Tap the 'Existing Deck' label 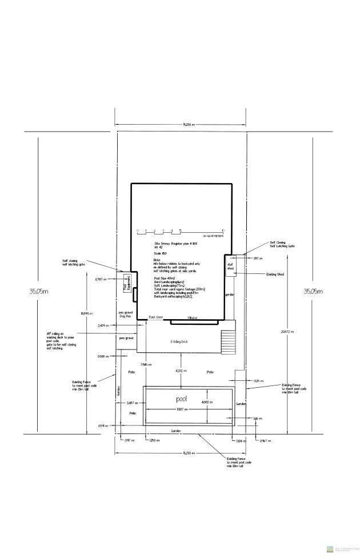[179, 341]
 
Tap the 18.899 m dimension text [86, 313]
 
